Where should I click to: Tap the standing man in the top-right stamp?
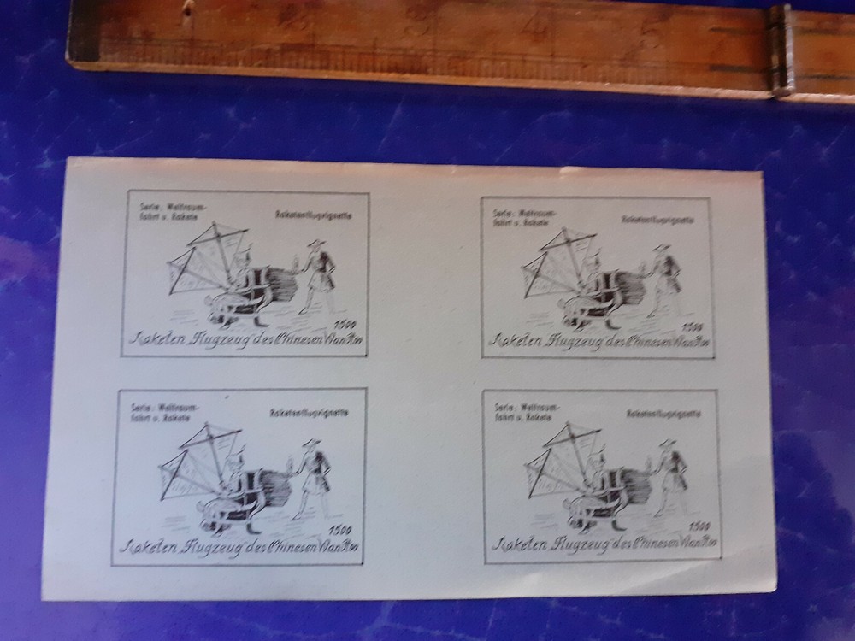664,278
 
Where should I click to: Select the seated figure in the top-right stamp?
587,291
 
